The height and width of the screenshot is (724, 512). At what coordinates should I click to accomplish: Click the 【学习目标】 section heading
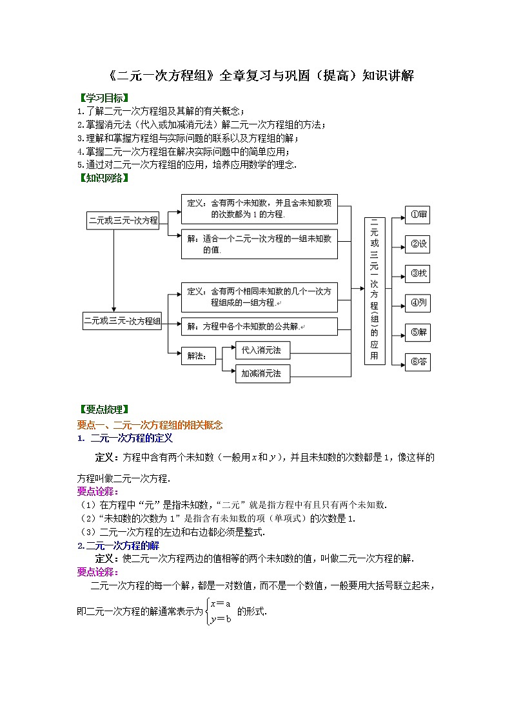pyautogui.click(x=103, y=99)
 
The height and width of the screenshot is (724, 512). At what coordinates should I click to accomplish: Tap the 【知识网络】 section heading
pyautogui.click(x=103, y=178)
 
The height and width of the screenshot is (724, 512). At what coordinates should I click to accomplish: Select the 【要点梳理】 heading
pyautogui.click(x=103, y=409)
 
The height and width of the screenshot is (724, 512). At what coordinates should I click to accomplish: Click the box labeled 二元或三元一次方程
pyautogui.click(x=123, y=220)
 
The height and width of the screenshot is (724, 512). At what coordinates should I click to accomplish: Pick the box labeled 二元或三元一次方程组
pyautogui.click(x=122, y=320)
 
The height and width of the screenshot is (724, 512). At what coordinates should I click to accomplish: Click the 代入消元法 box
pyautogui.click(x=262, y=350)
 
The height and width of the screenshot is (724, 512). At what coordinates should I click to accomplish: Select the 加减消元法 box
pyautogui.click(x=262, y=373)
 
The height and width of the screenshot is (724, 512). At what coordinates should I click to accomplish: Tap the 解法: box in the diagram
pyautogui.click(x=197, y=355)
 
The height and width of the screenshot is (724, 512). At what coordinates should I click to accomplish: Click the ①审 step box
pyautogui.click(x=417, y=215)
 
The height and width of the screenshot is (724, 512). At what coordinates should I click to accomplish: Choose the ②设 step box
pyautogui.click(x=417, y=244)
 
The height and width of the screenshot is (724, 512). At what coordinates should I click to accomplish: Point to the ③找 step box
pyautogui.click(x=417, y=273)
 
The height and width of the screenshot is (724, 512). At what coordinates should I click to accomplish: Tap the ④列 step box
pyautogui.click(x=417, y=302)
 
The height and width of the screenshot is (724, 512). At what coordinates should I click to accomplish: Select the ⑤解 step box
pyautogui.click(x=417, y=333)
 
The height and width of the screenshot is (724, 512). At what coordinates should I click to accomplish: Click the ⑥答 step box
pyautogui.click(x=417, y=362)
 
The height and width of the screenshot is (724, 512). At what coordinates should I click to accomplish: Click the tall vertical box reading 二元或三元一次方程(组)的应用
pyautogui.click(x=375, y=290)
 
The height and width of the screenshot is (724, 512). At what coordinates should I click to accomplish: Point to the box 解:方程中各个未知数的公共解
pyautogui.click(x=259, y=326)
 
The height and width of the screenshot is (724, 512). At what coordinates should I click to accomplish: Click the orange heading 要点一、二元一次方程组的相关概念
pyautogui.click(x=150, y=425)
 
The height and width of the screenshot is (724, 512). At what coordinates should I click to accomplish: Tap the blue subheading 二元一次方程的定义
pyautogui.click(x=132, y=438)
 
